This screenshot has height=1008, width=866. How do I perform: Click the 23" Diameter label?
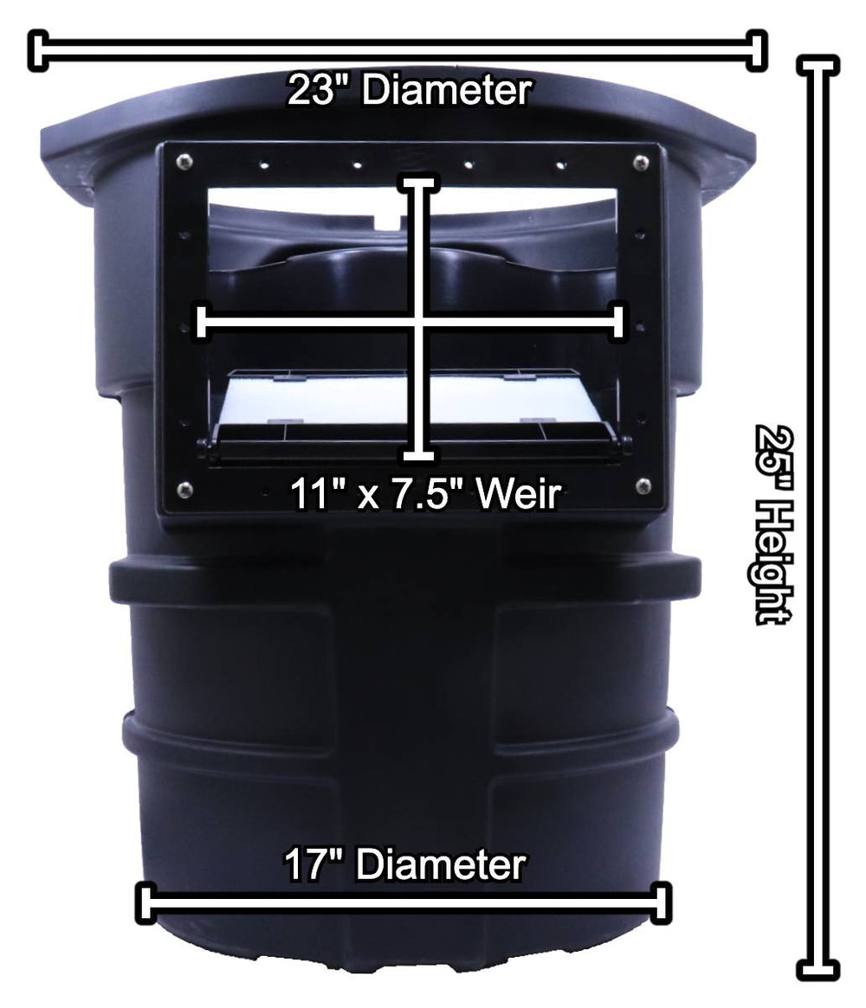click(x=408, y=91)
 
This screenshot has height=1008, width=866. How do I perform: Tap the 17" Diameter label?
click(x=404, y=864)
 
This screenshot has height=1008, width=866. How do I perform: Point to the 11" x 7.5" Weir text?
click(x=425, y=496)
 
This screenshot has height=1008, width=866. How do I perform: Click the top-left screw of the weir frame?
click(x=183, y=161)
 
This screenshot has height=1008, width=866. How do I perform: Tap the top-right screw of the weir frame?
click(x=641, y=161)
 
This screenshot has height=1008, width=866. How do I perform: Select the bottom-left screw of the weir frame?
click(x=183, y=490)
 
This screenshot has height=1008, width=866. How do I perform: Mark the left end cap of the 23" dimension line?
click(x=37, y=50)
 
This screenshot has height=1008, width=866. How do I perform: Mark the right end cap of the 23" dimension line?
click(x=758, y=50)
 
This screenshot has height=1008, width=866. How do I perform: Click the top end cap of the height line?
click(x=817, y=66)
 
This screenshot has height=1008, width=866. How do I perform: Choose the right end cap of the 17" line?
click(x=662, y=903)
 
